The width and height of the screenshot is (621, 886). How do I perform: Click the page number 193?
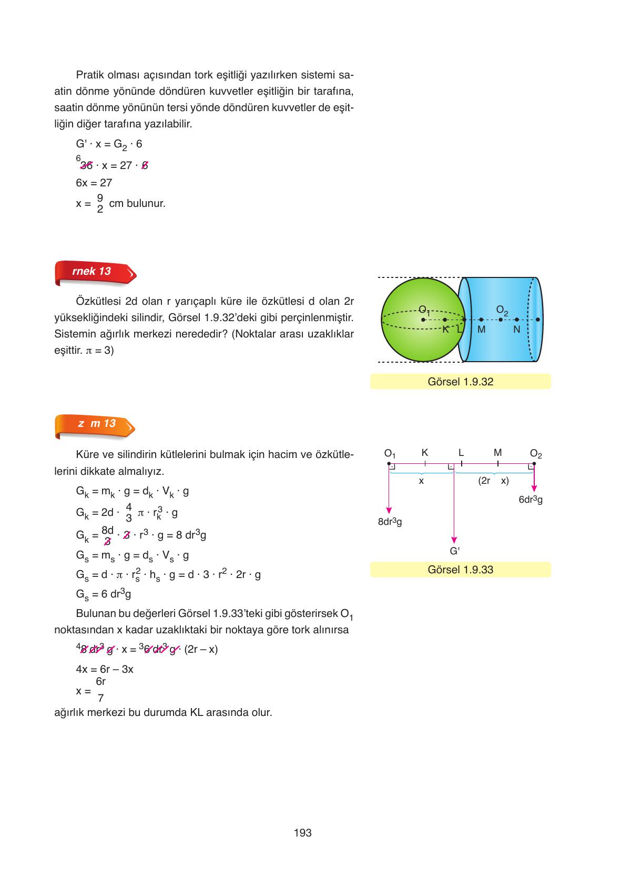(x=303, y=833)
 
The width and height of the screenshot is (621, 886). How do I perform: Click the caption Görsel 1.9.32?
(x=460, y=382)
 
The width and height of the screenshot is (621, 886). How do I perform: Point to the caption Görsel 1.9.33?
(x=460, y=570)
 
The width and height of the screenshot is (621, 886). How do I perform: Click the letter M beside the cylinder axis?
(x=481, y=330)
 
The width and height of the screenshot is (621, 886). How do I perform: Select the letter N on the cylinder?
(x=516, y=330)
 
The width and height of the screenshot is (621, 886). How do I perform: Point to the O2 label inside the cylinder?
(x=502, y=310)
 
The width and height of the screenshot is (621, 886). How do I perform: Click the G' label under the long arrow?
(x=454, y=551)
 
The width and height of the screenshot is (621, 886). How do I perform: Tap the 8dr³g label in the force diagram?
(x=390, y=522)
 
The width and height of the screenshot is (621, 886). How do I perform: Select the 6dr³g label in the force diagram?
(x=531, y=500)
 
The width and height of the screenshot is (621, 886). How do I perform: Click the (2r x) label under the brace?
(x=493, y=481)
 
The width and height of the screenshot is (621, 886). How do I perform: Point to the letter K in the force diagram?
(x=425, y=453)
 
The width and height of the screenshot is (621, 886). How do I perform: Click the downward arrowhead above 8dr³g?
(x=389, y=510)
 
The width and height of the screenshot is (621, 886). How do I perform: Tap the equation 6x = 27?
(x=94, y=183)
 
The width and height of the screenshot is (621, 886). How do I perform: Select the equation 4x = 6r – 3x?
(x=105, y=670)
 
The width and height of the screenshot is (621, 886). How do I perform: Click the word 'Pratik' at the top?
(x=90, y=74)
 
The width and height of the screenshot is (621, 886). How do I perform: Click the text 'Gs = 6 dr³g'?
(x=103, y=594)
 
